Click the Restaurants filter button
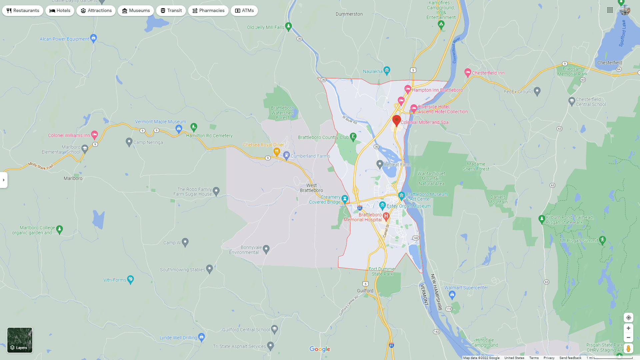coord(23,11)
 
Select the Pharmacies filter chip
coord(208,11)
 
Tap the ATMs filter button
coord(244,11)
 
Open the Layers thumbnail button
coord(20,340)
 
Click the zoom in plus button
coord(628,328)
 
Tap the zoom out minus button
coord(628,338)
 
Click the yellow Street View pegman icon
coord(628,349)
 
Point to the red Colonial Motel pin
coord(397,120)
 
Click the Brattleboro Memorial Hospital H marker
coord(386,216)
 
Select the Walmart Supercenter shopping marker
coord(452,294)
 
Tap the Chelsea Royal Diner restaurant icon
coord(277,152)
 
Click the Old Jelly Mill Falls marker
coord(289,26)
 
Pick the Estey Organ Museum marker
coord(382,205)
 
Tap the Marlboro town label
coord(73,178)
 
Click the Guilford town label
coord(365,291)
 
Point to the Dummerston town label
coord(349,14)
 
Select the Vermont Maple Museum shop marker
coord(179,128)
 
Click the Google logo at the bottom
coord(320,349)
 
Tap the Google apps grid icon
coord(610,10)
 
